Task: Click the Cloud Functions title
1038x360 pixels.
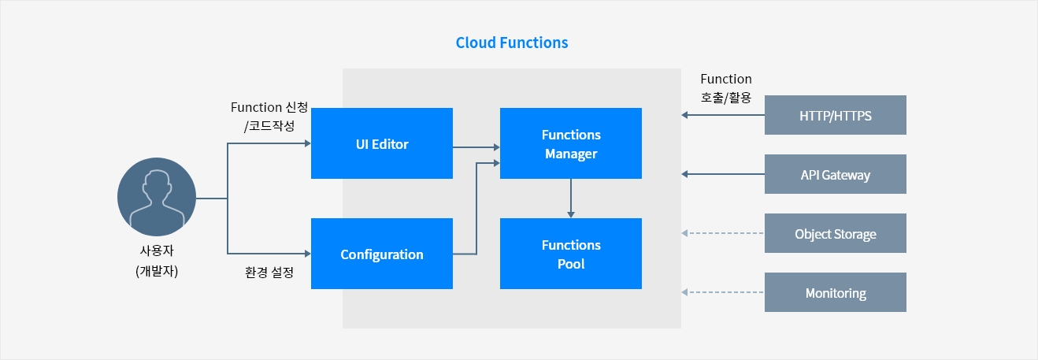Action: [512, 43]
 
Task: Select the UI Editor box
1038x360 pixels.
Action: [382, 143]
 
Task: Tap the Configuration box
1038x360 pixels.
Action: [382, 254]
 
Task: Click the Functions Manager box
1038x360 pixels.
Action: [571, 143]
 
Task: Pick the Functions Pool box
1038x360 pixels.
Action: [571, 254]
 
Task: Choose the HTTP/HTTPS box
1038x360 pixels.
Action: [836, 115]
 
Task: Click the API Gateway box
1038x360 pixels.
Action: [836, 174]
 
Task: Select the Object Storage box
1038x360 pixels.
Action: [836, 233]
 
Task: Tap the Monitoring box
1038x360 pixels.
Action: [836, 292]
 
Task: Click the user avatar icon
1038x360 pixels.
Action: [157, 197]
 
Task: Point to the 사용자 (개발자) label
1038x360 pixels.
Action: [157, 261]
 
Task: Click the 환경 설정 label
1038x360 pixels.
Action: [269, 272]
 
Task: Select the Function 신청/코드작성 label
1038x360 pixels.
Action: [269, 117]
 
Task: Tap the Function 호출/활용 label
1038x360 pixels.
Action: [726, 88]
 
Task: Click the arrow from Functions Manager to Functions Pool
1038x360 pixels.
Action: [571, 199]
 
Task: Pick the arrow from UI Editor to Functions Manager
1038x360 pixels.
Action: [476, 147]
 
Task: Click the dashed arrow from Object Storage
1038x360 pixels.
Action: [723, 233]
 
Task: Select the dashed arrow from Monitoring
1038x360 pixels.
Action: [723, 292]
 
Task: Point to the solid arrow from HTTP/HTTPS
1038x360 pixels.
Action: [723, 115]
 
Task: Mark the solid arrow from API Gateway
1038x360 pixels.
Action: [723, 174]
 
